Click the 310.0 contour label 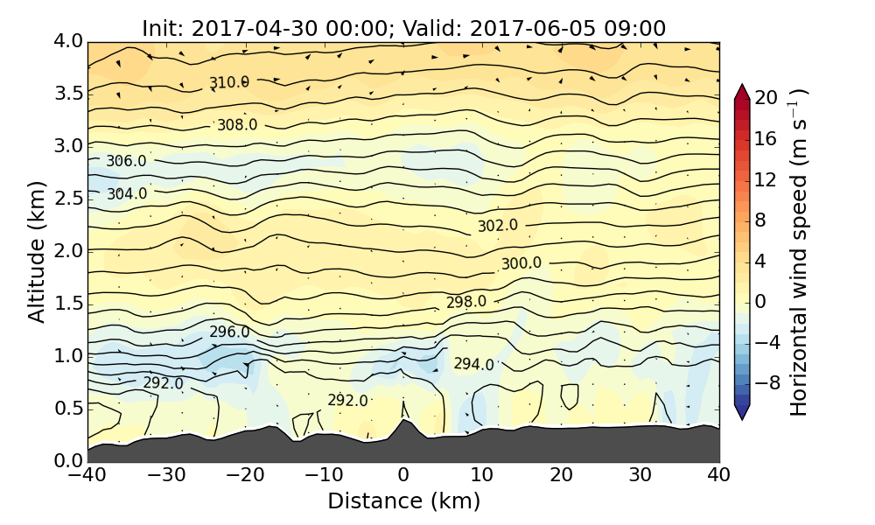228,82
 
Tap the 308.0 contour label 237,124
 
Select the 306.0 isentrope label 126,161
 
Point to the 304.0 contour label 127,194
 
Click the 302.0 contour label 497,226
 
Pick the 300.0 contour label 521,263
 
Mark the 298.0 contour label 465,302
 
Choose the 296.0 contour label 229,332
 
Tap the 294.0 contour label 473,364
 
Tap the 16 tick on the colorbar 766,139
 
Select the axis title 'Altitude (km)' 36,251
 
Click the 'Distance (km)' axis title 403,501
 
